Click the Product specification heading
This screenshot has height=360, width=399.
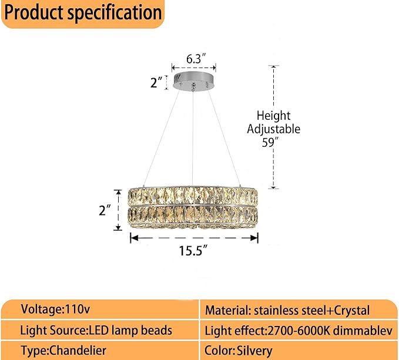coord(82,13)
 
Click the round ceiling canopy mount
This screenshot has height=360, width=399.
coord(193,82)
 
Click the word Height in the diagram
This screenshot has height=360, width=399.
coord(273,116)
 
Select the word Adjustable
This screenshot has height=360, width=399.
coord(274,129)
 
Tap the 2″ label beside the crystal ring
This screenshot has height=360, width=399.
coord(105,210)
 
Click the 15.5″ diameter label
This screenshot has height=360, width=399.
coord(194,252)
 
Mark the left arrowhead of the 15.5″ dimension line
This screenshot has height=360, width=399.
coord(132,238)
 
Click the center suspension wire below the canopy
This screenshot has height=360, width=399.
coord(193,135)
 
